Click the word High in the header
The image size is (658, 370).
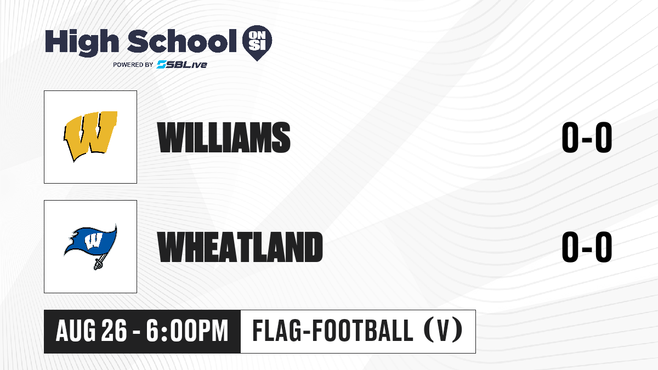pos(82,42)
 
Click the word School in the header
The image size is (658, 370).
pos(182,41)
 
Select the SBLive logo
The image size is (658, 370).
pos(182,65)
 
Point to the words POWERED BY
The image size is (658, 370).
pos(133,65)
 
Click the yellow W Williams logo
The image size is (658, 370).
pos(90,136)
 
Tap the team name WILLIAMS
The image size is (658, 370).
pos(224,137)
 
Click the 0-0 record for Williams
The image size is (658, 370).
pos(587,137)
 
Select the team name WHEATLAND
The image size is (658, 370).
pos(240,247)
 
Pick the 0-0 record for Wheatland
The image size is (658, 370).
pos(587,247)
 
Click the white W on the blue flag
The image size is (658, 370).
pos(93,241)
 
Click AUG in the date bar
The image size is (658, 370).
pos(76,331)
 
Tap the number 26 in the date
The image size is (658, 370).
pos(114,331)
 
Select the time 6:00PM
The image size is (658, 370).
pos(187,331)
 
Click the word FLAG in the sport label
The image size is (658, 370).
pos(277,331)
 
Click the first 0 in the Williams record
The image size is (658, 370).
pos(570,137)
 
